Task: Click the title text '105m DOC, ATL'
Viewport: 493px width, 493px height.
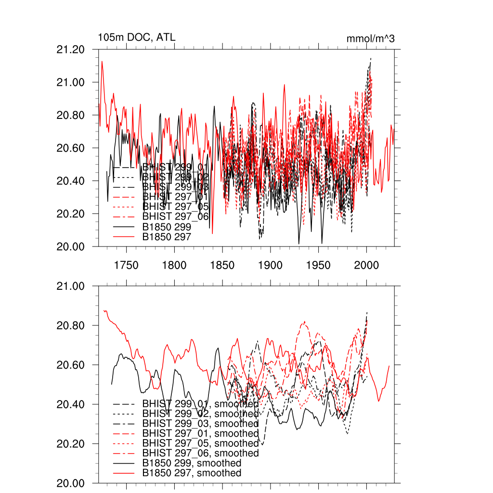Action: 133,37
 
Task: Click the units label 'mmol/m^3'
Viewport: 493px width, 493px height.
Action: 370,39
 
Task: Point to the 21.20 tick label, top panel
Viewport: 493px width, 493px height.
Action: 71,50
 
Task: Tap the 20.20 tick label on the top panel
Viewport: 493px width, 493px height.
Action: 71,214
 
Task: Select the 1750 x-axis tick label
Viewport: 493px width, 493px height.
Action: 126,265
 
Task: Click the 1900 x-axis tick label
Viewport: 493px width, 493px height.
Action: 270,265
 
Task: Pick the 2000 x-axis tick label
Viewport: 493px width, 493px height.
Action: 366,265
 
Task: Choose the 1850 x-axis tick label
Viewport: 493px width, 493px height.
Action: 222,265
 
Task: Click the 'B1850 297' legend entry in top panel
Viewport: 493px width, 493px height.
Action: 167,236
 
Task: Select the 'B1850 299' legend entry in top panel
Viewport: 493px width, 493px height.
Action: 167,226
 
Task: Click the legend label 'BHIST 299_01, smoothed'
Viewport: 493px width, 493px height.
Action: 200,403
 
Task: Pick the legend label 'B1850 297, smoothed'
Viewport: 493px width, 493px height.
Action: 192,473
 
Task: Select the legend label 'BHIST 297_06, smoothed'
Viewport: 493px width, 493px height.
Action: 200,453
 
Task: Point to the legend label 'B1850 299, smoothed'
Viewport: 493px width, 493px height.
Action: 192,463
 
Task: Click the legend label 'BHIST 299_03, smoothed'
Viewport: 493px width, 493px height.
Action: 200,423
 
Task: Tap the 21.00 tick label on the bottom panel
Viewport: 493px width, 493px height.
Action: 71,286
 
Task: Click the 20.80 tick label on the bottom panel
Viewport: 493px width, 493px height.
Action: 71,326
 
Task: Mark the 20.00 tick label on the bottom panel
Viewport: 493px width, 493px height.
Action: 71,483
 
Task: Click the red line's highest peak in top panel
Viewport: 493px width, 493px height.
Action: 102,62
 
